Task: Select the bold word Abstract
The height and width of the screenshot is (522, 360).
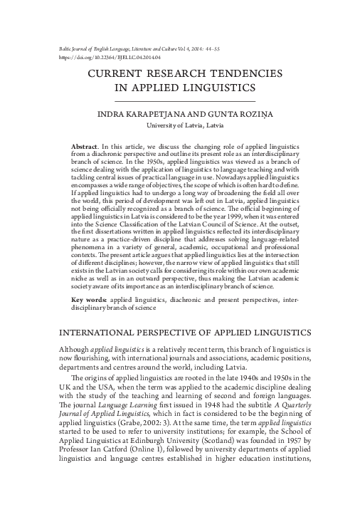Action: (85, 145)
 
